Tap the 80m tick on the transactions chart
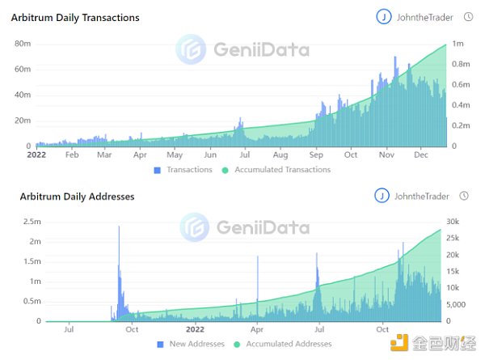23,43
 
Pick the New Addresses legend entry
191,344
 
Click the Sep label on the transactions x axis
316,154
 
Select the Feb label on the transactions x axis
71,154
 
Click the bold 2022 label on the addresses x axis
195,329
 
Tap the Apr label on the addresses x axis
256,329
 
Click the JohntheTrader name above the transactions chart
425,16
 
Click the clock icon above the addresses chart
464,196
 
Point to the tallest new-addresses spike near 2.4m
119,228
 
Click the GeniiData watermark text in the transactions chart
260,49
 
